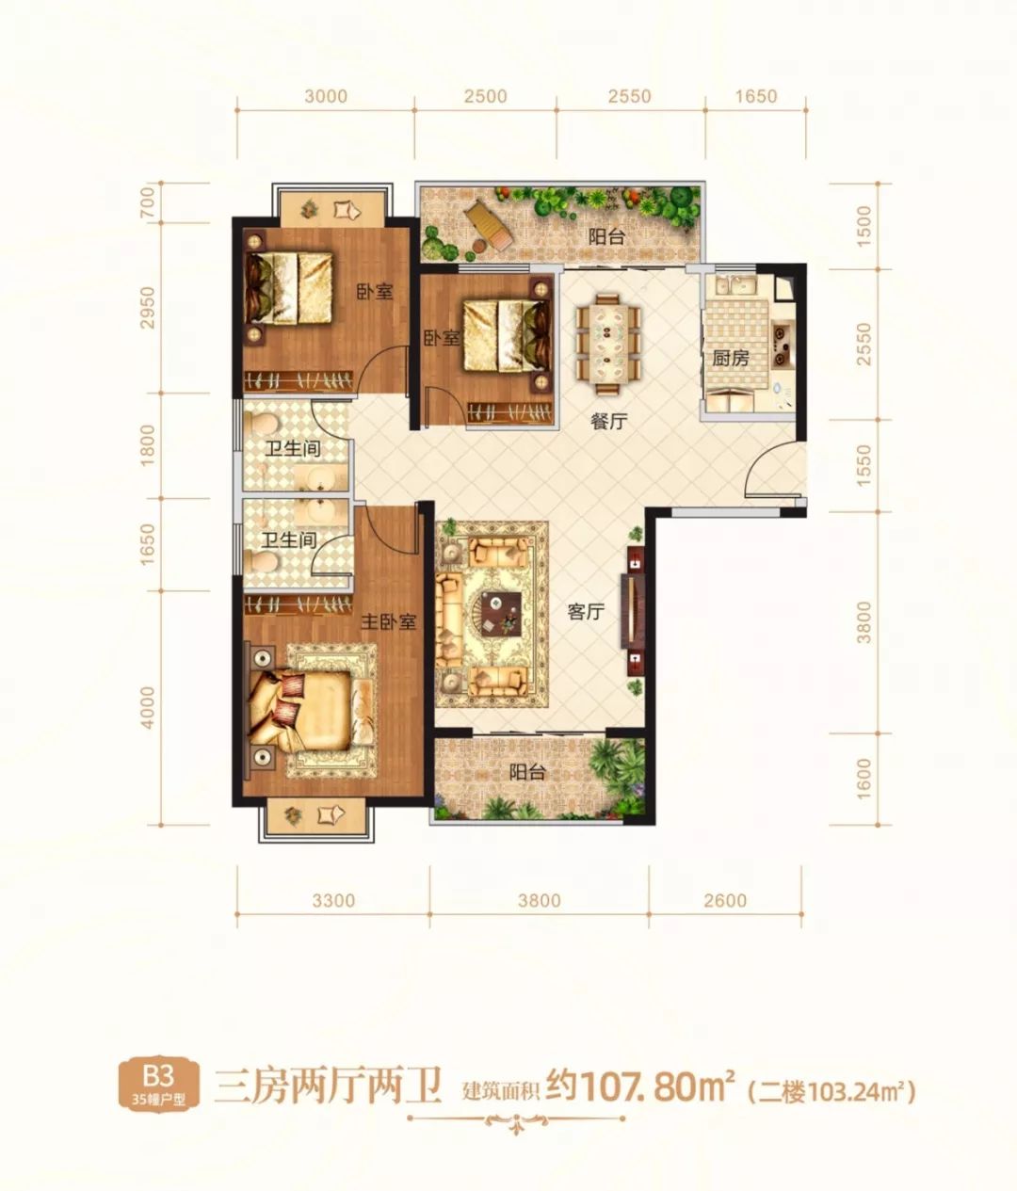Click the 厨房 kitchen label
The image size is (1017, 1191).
(730, 359)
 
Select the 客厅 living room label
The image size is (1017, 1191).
(585, 611)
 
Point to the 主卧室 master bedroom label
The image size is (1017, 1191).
(388, 621)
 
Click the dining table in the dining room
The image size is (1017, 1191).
(608, 344)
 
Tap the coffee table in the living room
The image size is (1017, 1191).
(501, 612)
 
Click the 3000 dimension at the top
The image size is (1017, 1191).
(326, 96)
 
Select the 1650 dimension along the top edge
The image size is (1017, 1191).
(755, 96)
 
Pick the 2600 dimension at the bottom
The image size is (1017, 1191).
(724, 900)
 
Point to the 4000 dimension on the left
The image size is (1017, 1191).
(148, 708)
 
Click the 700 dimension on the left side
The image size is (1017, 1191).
(148, 201)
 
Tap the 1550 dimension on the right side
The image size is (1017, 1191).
(864, 465)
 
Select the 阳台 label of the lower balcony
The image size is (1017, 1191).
(526, 772)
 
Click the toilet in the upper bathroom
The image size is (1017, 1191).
(261, 424)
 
